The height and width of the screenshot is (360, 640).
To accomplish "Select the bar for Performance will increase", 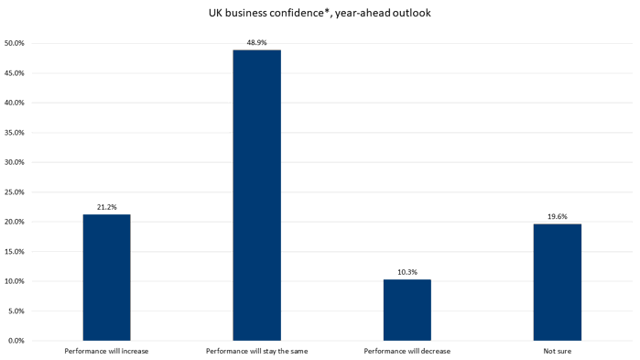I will [106, 278].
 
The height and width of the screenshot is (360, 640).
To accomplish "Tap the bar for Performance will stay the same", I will [256, 195].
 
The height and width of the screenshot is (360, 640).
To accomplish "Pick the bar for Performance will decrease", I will [407, 310].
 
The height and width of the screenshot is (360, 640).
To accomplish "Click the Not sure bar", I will [557, 282].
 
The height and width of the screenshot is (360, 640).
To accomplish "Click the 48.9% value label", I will [256, 42].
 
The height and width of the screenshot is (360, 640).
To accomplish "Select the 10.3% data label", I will [407, 271].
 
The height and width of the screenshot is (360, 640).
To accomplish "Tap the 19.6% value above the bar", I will [557, 216].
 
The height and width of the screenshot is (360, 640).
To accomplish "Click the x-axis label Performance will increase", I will [106, 351].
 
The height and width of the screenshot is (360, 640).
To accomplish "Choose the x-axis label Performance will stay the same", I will [256, 351].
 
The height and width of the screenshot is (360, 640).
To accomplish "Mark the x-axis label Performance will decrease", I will [407, 351].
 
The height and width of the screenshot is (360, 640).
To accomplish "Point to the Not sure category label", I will [557, 351].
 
